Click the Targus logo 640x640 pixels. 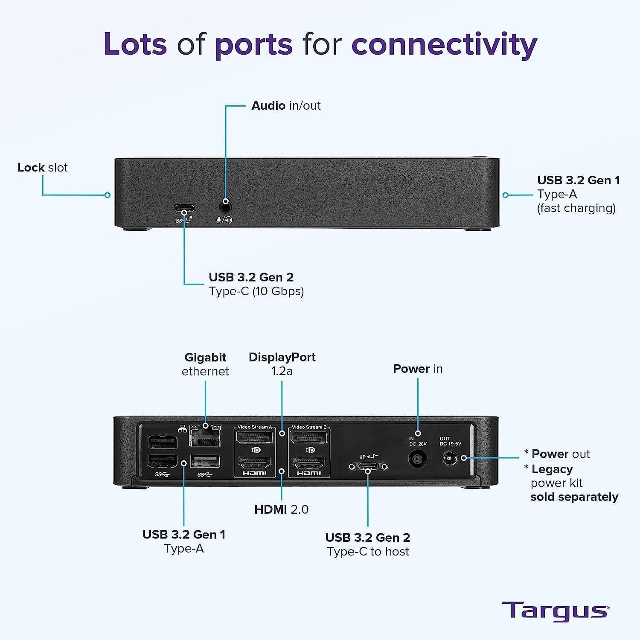point(555,611)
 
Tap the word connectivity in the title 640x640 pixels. point(444,44)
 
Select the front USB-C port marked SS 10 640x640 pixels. point(184,209)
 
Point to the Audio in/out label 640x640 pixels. point(286,105)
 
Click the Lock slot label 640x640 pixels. point(43,167)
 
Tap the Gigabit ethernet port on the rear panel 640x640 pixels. point(205,436)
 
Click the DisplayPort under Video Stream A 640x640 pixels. point(255,438)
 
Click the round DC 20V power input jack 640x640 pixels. point(418,460)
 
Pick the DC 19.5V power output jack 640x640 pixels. point(448,459)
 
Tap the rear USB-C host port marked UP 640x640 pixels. point(368,467)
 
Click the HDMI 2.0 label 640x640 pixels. point(281,509)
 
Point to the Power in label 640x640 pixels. point(418,369)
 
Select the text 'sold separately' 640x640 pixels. point(574,497)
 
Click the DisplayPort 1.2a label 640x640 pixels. point(282,364)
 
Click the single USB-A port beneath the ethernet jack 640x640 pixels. point(205,461)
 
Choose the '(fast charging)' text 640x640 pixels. point(576,208)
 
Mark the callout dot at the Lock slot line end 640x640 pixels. point(108,195)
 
